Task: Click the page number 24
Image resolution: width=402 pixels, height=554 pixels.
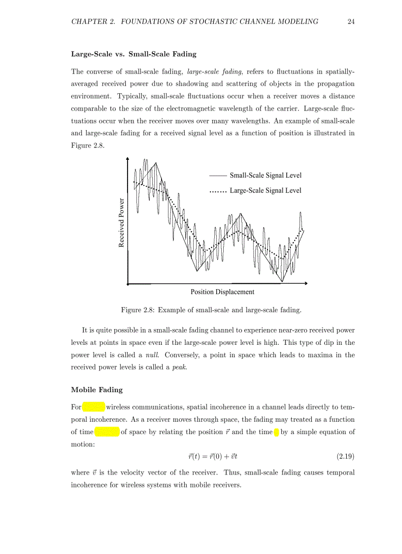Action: click(351, 21)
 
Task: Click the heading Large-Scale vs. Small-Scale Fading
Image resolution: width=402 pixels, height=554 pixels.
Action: click(134, 54)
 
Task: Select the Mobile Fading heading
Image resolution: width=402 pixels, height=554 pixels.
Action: click(97, 390)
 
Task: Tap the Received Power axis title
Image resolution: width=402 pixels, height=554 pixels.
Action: click(121, 222)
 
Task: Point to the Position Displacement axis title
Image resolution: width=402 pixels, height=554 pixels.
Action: click(222, 292)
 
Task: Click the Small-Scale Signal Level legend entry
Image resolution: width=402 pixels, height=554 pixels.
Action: click(266, 175)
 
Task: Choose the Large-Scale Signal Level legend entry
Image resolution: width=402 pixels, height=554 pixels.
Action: click(266, 190)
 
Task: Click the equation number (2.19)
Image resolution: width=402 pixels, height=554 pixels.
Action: click(345, 457)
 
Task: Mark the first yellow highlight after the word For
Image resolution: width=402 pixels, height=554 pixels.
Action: click(94, 407)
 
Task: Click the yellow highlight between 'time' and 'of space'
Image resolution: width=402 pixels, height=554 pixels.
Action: click(107, 432)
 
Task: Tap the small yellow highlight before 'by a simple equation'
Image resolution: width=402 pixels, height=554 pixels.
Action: click(276, 432)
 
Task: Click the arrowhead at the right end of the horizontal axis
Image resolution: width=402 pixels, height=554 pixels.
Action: click(306, 284)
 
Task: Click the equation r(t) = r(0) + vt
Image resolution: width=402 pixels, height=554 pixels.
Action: click(213, 457)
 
